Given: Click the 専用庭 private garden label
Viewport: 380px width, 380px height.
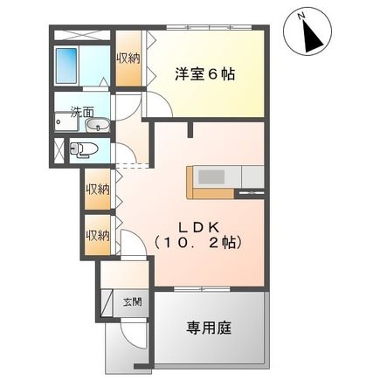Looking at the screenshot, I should [207, 328].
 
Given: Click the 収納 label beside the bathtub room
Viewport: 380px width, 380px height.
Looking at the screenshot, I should [128, 59].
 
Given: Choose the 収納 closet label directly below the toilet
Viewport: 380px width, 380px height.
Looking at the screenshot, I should [98, 189].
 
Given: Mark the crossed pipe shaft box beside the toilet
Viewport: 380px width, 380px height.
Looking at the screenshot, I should [59, 149].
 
